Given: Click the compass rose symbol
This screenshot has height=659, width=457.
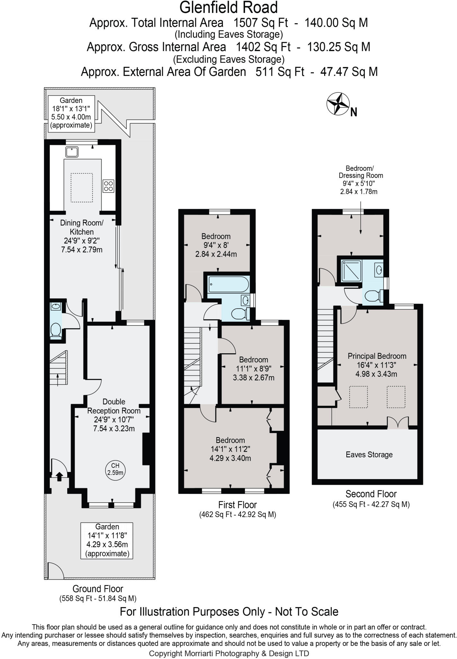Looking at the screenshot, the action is point(338,104).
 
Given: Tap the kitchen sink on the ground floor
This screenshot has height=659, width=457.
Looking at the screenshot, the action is point(72,152).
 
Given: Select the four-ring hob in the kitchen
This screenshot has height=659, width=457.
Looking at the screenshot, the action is point(108,186).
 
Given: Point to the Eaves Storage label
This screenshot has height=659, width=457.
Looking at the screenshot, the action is point(369,455).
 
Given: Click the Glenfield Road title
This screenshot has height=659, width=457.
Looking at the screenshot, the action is point(229,7).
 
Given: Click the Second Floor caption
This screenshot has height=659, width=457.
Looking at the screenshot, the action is point(371,494).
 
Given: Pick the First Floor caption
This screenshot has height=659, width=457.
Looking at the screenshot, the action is point(238,505).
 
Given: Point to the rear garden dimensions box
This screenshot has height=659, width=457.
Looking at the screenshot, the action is point(71,113).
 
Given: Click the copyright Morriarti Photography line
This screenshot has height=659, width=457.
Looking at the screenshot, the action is point(229,654).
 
